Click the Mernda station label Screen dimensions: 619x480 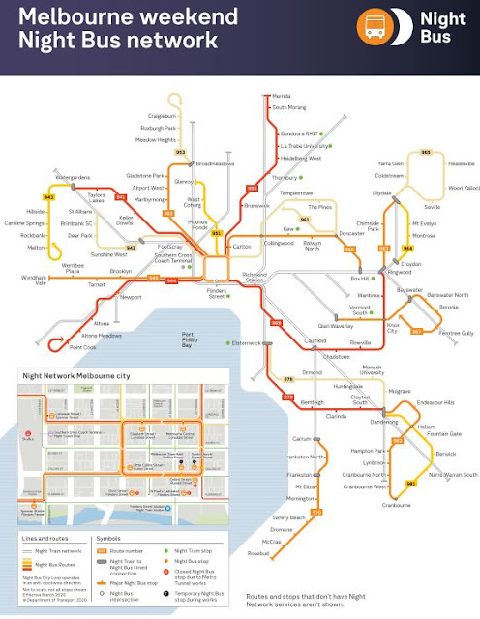283,98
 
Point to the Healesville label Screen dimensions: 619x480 452,164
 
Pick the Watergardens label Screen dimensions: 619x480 73,179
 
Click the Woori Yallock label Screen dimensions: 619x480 455,188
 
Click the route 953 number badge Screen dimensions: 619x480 180,152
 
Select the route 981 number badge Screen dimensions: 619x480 411,482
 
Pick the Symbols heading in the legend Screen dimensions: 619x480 107,538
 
